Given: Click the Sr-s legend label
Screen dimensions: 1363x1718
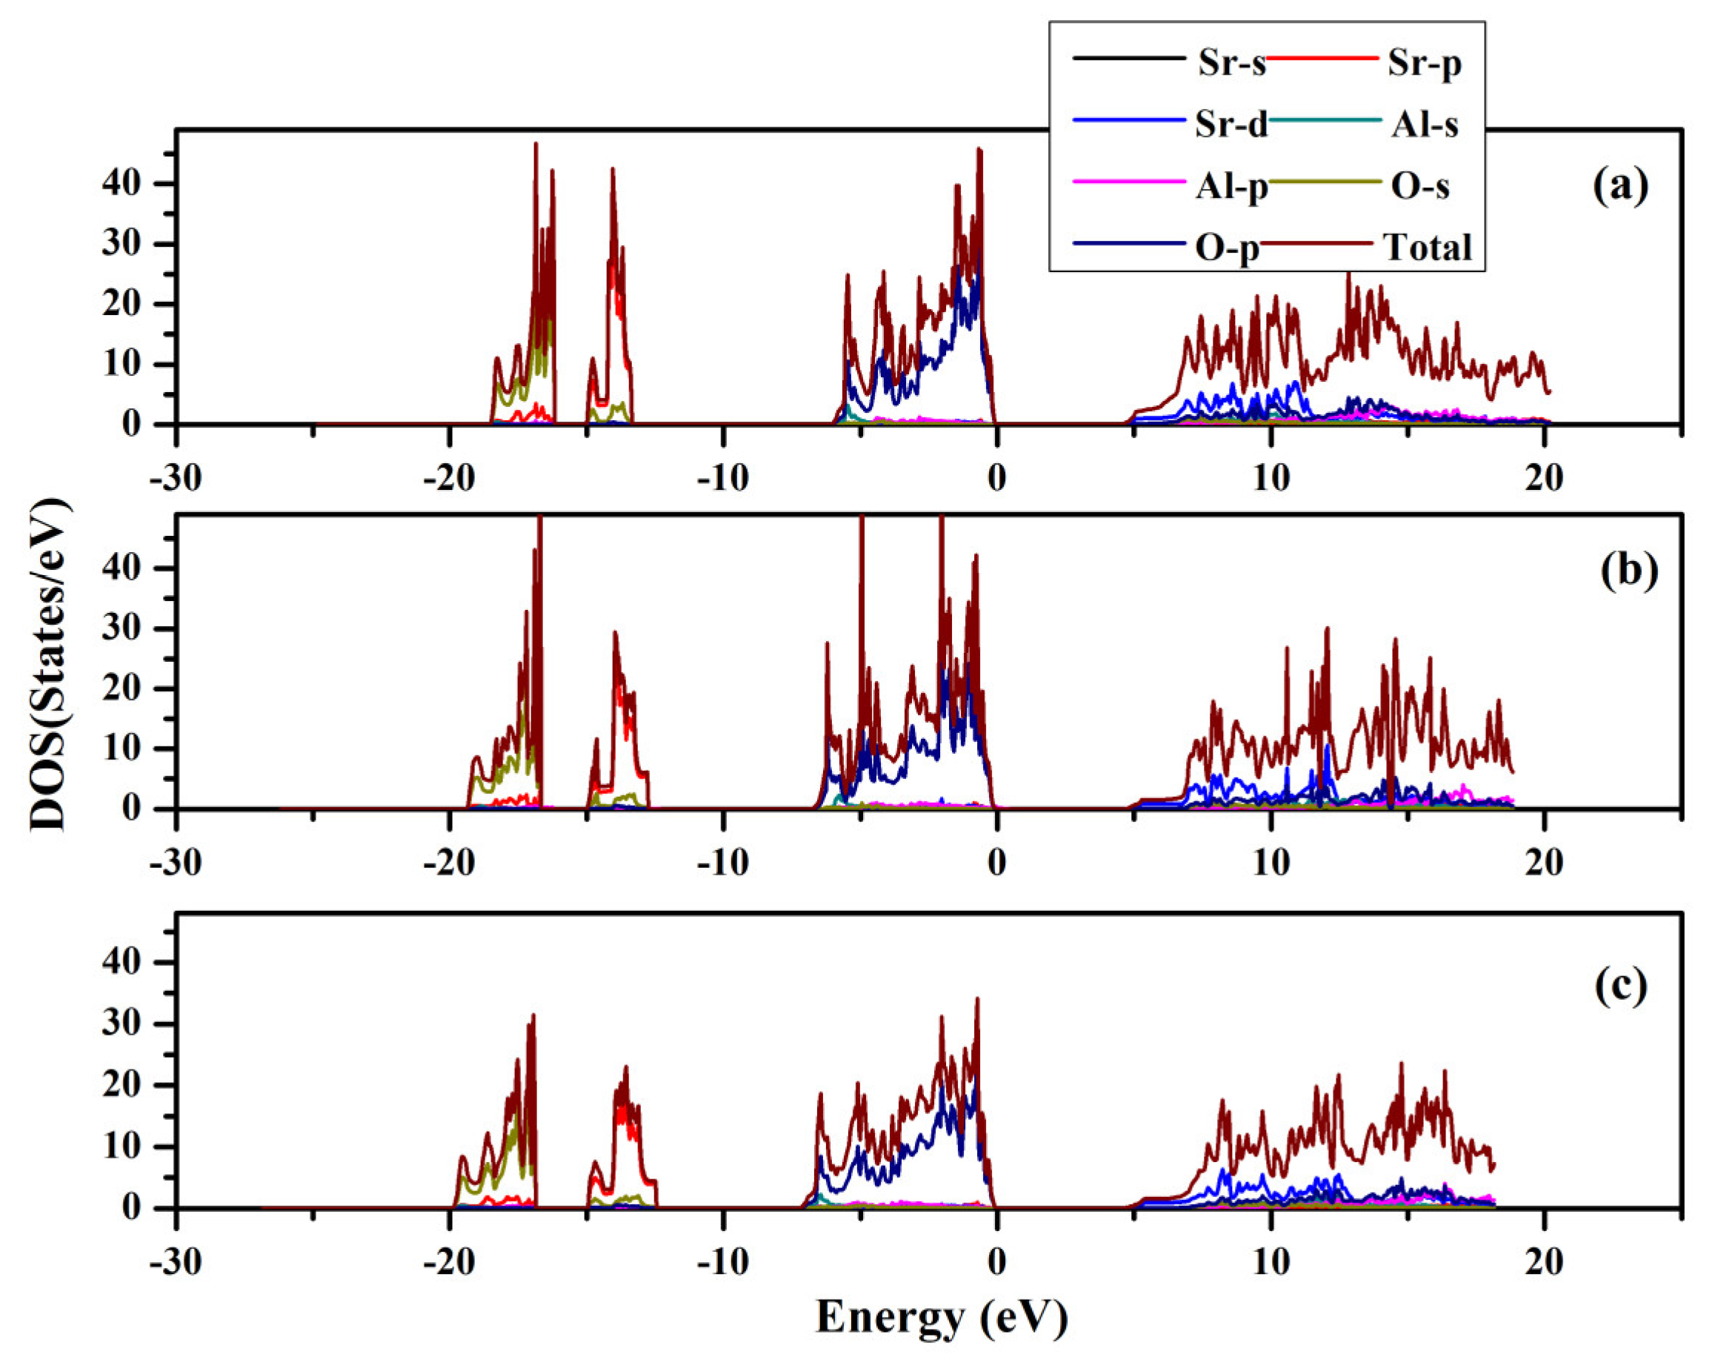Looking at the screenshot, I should coord(1231,63).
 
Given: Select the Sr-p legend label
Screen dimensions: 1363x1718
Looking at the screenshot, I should coord(1424,63).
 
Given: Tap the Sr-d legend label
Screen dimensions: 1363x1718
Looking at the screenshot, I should coord(1231,125).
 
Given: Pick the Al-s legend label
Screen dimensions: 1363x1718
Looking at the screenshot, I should coord(1425,125).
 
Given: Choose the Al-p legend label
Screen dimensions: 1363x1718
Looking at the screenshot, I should coord(1231,188).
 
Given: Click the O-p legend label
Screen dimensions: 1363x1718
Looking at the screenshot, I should coord(1227,249).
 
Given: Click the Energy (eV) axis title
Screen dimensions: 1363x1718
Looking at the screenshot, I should coord(941,1318).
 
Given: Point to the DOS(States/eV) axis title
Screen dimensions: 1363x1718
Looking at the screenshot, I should coord(49,664).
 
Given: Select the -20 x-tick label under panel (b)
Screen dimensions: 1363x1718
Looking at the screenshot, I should coord(450,863).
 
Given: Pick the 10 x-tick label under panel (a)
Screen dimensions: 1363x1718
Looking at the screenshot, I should coord(1271,479).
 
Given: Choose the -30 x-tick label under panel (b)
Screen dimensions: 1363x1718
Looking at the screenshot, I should coord(176,863).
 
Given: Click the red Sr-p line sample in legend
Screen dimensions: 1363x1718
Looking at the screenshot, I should coord(1321,59).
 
